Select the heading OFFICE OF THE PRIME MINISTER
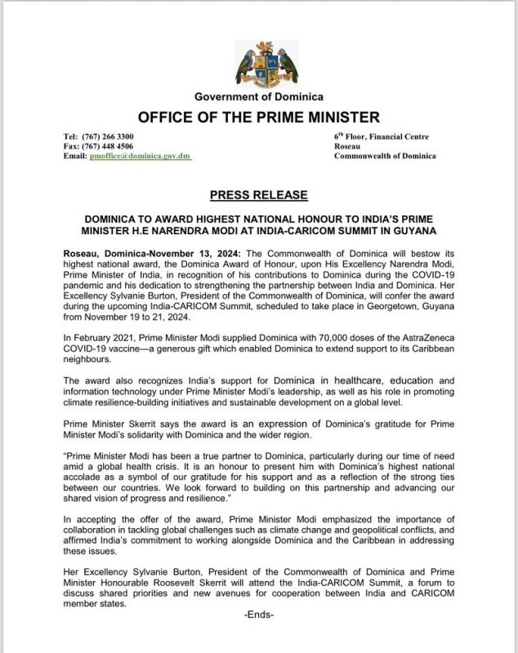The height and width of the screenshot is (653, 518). (258, 117)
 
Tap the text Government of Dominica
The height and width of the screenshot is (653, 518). (258, 97)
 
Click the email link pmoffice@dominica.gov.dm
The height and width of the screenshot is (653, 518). (140, 156)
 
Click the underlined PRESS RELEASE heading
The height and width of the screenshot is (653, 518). (258, 195)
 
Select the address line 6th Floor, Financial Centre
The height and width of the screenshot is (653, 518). (381, 136)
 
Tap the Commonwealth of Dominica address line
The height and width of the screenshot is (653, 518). (385, 156)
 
